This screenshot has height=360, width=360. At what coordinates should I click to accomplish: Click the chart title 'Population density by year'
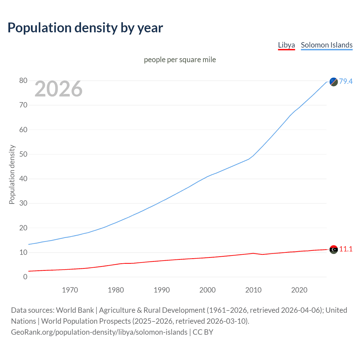coord(85,28)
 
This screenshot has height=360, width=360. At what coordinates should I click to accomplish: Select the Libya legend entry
coord(286,45)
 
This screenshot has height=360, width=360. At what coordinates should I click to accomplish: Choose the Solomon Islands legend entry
coord(327,45)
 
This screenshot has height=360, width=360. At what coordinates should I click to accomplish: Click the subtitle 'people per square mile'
coord(180,60)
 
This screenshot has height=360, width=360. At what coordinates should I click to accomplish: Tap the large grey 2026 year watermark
coord(58,89)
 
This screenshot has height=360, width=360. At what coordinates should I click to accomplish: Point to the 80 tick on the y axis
coord(23,81)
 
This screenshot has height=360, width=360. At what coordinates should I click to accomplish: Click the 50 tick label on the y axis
coord(23,154)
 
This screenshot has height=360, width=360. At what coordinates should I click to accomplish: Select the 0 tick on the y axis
coord(25,277)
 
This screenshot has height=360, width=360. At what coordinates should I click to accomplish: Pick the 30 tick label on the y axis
coord(23,203)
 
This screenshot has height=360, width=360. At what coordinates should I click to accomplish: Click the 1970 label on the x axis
coord(70,290)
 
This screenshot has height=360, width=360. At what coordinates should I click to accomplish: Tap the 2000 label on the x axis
coord(208,290)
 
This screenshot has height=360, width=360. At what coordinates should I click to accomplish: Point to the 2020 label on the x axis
coord(299,290)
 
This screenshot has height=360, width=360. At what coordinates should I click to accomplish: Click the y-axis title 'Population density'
coord(12,174)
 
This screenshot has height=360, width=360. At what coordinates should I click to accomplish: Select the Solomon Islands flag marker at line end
coord(334,82)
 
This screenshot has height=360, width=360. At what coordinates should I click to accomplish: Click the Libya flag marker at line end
coord(334,249)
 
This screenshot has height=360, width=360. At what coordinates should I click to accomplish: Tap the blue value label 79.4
coord(346,81)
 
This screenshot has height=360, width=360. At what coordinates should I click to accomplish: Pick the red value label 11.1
coord(346,249)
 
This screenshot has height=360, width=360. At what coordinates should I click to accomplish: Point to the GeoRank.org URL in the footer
coord(99,332)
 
